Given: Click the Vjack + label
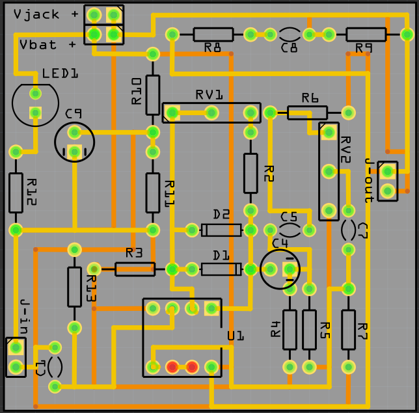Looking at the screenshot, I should [44, 15].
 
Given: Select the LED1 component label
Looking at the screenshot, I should [60, 74].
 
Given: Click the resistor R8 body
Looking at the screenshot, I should [213, 34].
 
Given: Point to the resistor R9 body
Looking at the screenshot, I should [365, 34].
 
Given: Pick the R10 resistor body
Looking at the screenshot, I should [153, 94].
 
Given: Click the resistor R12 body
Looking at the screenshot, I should [16, 193].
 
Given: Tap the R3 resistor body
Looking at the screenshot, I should [135, 269].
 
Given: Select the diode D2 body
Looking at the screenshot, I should [221, 230].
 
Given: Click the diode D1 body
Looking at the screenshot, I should [221, 269].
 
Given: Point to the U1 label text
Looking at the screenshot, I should [235, 336].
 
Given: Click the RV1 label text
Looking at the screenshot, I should [209, 95].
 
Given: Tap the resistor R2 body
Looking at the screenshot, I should [250, 173].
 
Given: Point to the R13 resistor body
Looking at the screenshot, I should [75, 287].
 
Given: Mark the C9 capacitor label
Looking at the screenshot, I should [74, 114].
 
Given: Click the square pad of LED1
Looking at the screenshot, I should [35, 113].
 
